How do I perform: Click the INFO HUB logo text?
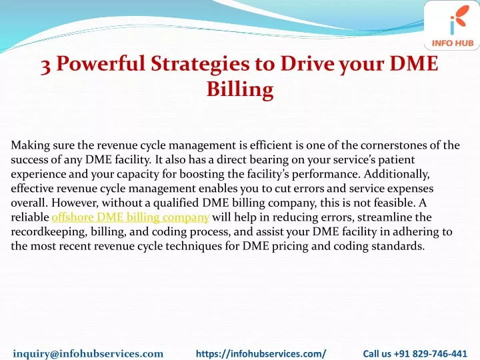pos(453,43)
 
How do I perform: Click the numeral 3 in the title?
pos(45,65)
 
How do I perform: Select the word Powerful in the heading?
pos(101,63)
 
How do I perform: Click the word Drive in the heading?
pos(307,63)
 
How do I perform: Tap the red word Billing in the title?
pos(240,90)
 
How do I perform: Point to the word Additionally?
pos(397,174)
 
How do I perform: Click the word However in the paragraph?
pos(75,203)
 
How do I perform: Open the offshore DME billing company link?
pos(131,217)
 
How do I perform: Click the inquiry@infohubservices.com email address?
pos(88,353)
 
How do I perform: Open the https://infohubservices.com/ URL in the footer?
pos(261,353)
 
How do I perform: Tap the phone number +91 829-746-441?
pos(430,353)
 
